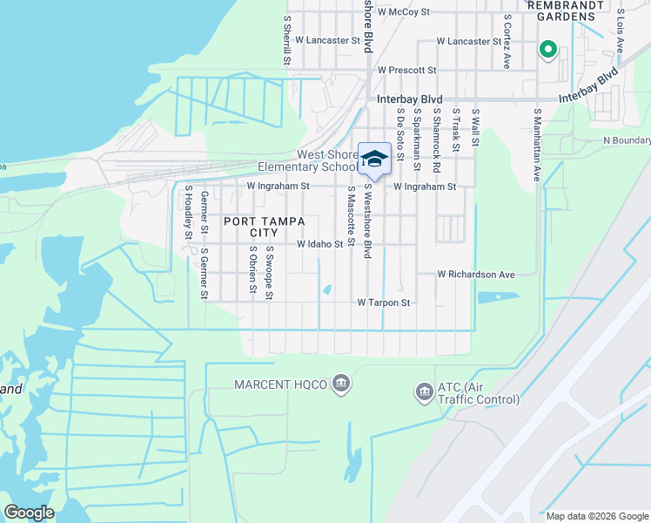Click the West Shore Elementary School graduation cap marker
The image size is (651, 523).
(374, 159)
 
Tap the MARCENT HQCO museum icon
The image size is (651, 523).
(341, 384)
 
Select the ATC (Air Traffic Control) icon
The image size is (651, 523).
(425, 393)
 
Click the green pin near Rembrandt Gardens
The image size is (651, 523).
(547, 50)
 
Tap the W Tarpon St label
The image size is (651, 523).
(383, 302)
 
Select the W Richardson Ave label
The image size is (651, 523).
(476, 274)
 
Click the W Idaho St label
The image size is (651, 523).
(320, 245)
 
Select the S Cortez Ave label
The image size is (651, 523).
(507, 40)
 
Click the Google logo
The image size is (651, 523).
(29, 513)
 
